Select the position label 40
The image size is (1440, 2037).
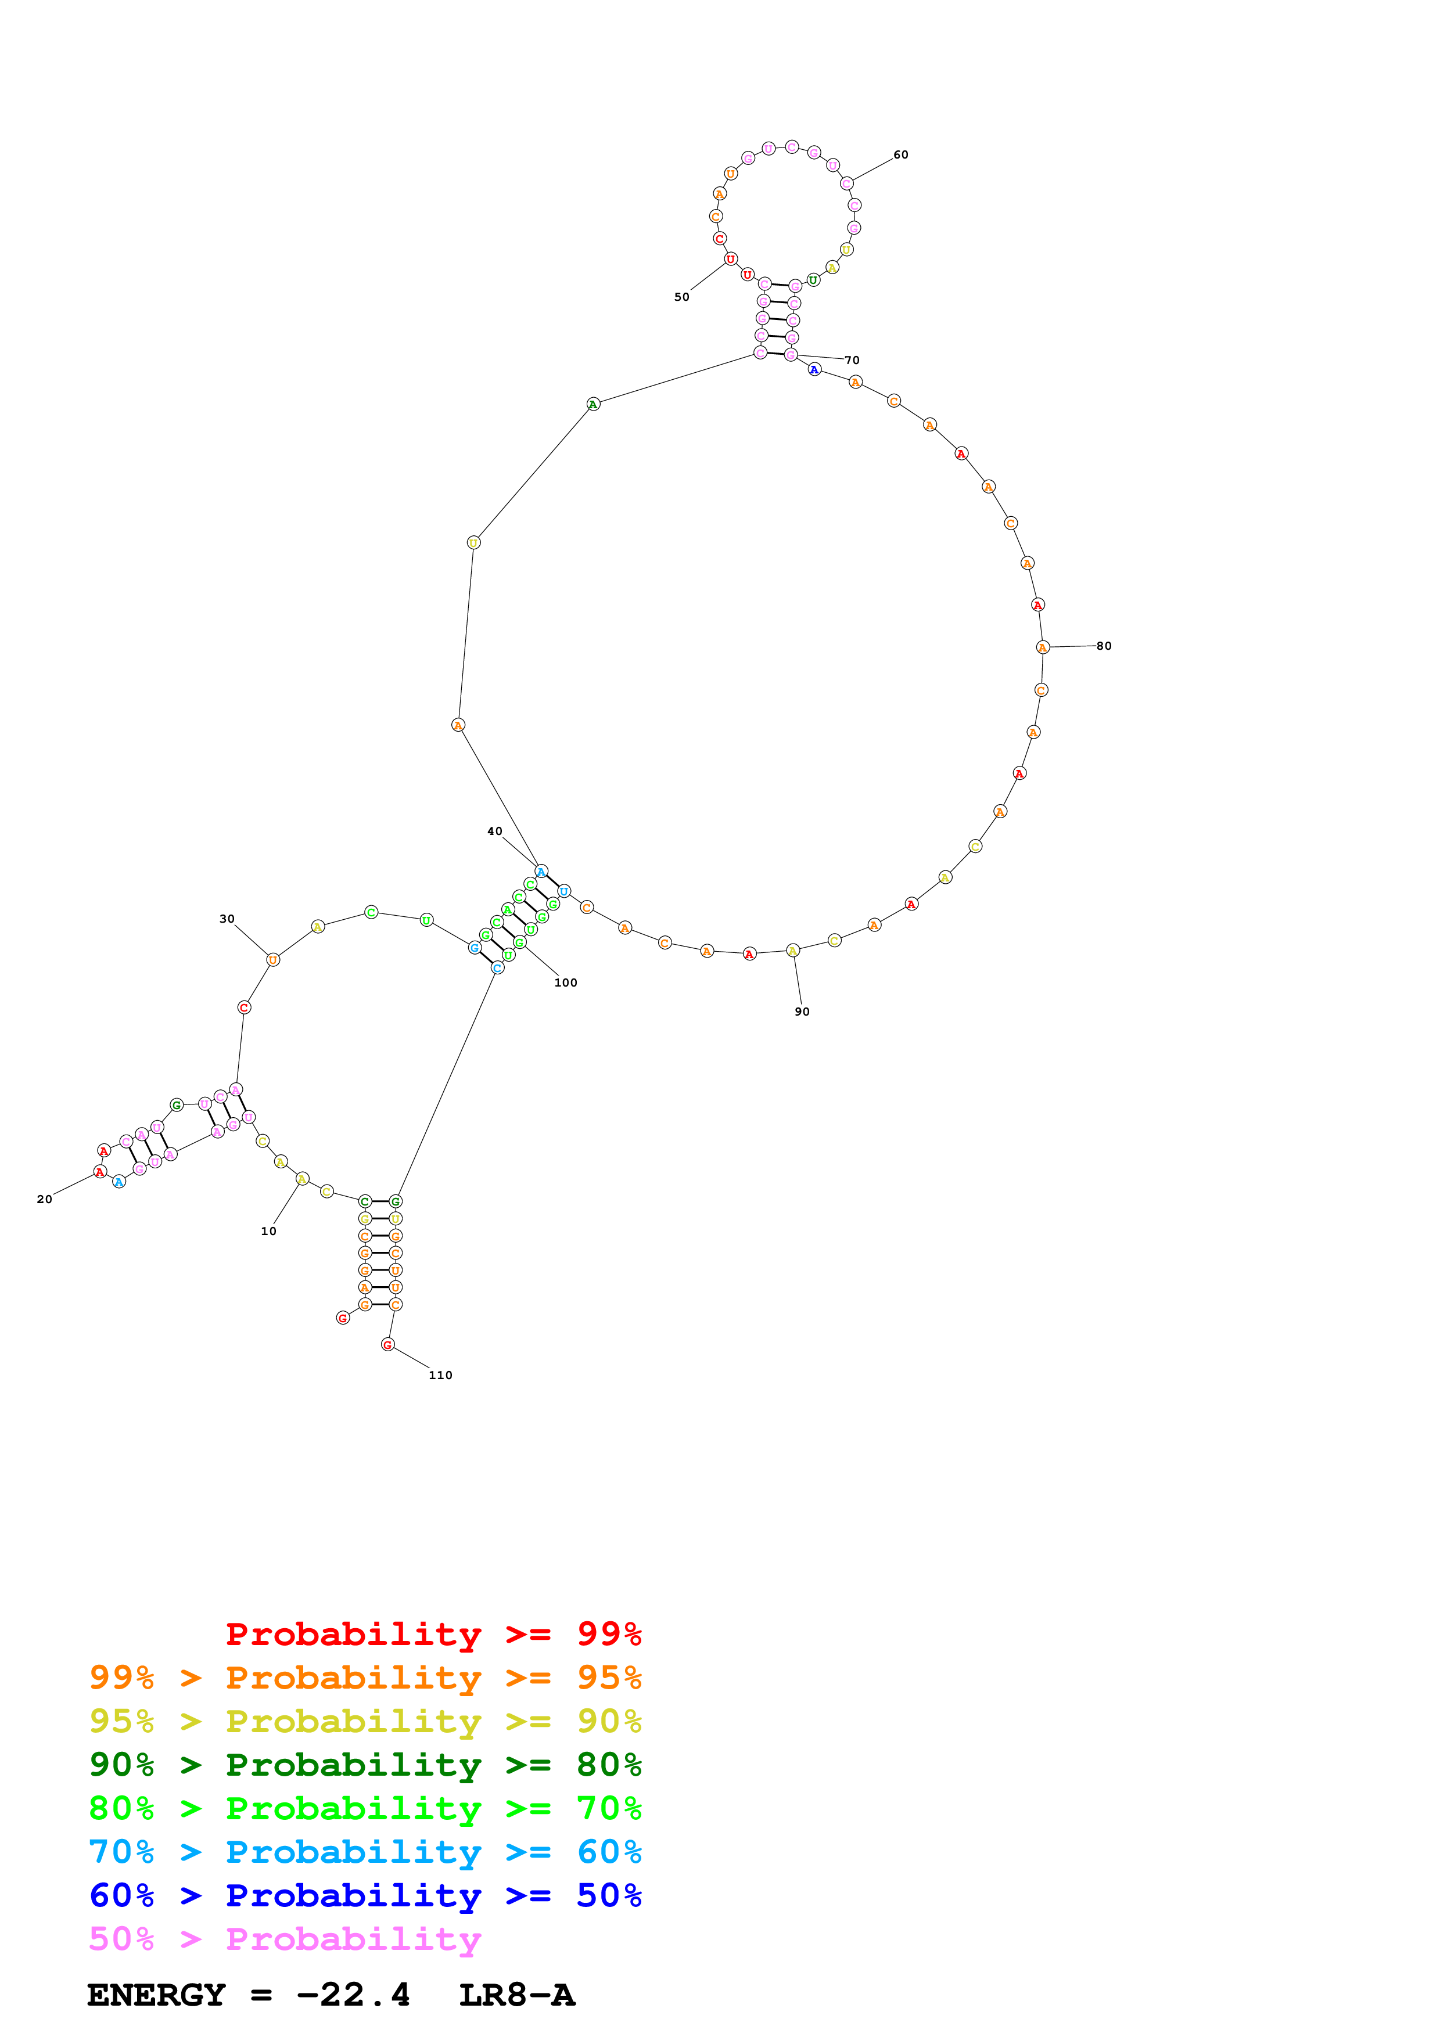[494, 832]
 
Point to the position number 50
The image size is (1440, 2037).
[681, 297]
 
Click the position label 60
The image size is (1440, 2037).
[900, 154]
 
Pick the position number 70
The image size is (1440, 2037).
[852, 360]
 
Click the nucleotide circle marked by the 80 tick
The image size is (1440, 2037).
[1043, 647]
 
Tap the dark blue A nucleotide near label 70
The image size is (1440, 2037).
[814, 369]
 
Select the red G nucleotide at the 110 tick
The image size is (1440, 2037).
[387, 1345]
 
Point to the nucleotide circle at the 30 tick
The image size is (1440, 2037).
[273, 959]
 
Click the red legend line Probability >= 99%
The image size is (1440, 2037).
[433, 1633]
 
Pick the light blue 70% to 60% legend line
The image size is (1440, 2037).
[365, 1852]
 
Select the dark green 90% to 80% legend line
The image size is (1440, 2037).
[365, 1765]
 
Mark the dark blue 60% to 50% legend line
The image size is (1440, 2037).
[365, 1895]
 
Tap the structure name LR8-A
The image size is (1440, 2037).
[516, 1995]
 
